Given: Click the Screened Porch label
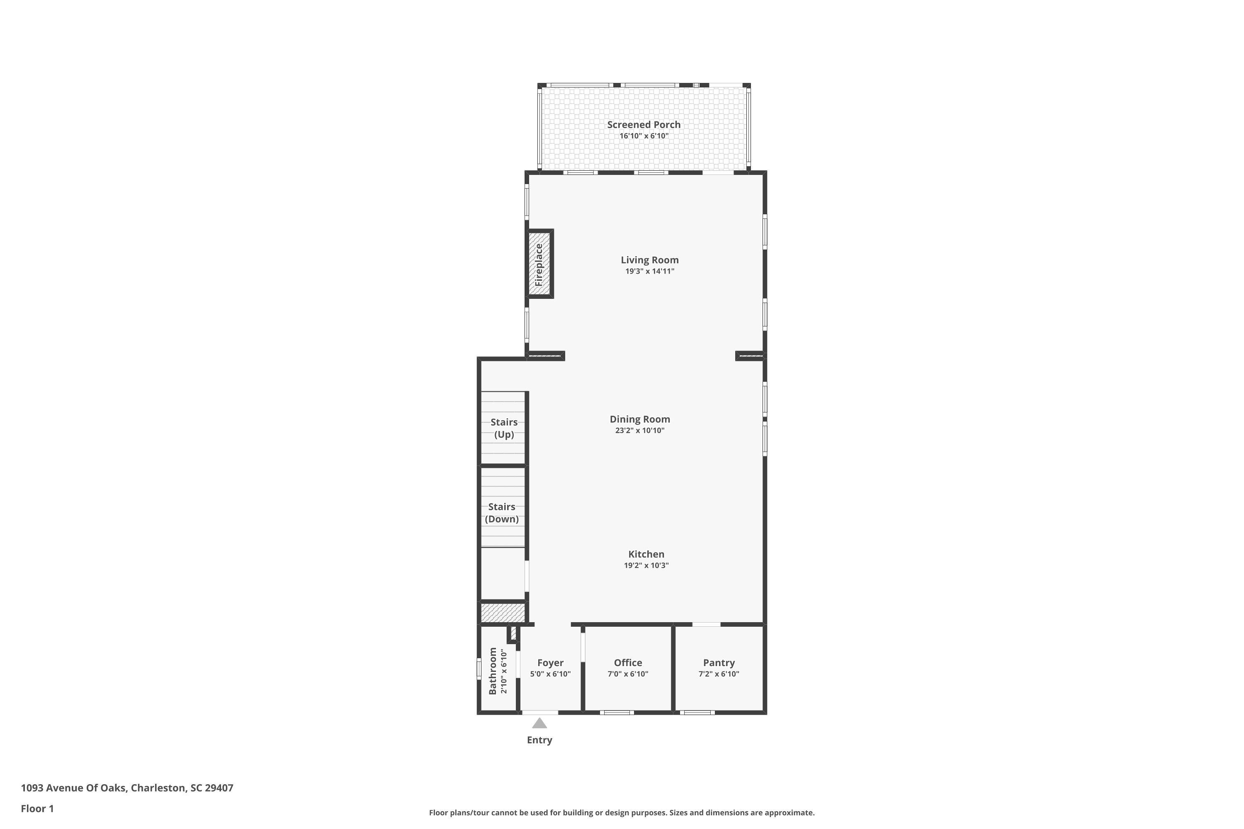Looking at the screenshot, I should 643,125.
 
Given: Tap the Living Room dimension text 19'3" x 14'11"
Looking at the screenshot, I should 649,271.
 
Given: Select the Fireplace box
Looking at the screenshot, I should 539,264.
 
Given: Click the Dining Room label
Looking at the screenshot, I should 639,419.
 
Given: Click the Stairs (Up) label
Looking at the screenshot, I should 503,428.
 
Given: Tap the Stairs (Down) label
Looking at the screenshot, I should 501,513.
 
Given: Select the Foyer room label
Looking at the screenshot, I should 550,662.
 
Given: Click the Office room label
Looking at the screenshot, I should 628,662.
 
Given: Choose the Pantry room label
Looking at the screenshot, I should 718,662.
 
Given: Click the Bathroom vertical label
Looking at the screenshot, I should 493,671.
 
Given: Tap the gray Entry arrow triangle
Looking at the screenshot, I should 539,723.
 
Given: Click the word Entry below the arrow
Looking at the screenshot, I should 539,740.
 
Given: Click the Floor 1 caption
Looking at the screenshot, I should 37,808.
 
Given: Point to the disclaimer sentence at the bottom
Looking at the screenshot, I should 622,812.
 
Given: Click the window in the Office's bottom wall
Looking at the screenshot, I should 617,712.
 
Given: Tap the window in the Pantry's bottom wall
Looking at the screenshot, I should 697,712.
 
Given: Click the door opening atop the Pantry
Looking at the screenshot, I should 706,624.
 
